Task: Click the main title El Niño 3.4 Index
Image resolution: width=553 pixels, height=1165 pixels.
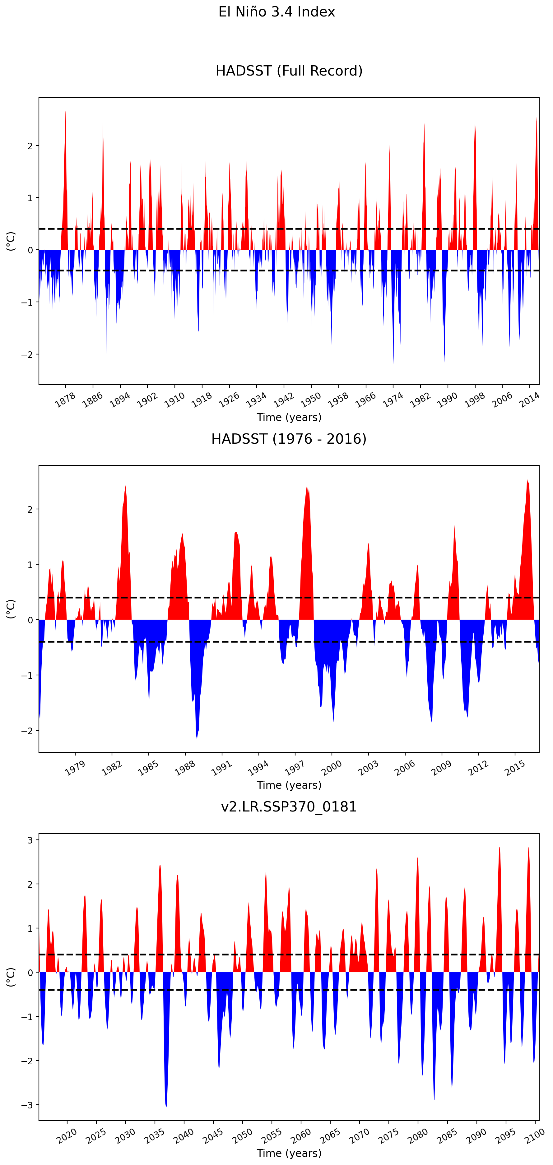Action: tap(276, 12)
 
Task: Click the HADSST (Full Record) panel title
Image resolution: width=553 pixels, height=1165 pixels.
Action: tap(289, 71)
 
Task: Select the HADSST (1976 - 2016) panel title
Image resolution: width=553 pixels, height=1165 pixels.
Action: tap(289, 439)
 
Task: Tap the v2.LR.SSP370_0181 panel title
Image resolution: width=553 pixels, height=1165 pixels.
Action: tap(289, 807)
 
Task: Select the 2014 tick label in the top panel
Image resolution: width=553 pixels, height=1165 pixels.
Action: tap(529, 400)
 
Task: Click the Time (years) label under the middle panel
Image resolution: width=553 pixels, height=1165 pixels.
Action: tap(289, 785)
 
